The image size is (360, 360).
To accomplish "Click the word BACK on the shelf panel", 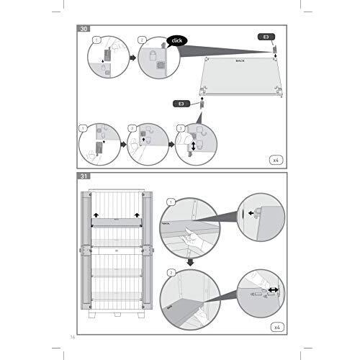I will (240, 62).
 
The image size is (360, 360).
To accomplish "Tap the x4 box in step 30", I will (274, 158).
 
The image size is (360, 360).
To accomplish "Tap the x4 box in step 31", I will (274, 326).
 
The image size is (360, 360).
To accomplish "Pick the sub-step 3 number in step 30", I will (180, 128).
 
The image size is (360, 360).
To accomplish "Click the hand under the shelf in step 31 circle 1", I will (189, 235).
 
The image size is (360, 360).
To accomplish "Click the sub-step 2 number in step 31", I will (171, 273).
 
